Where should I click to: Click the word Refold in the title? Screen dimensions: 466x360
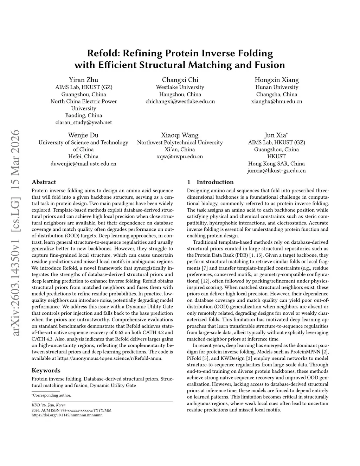click(103, 53)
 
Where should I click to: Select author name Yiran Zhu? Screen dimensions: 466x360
click(83, 79)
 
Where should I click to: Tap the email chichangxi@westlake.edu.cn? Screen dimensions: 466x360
click(180, 101)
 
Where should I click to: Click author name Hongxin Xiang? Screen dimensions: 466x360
click(277, 79)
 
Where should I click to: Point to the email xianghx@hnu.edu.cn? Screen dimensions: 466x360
click(277, 101)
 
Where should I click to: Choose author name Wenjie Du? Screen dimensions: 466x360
click(83, 135)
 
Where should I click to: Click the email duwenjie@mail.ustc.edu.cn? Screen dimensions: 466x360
click(83, 164)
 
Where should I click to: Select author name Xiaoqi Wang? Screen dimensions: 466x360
click(180, 135)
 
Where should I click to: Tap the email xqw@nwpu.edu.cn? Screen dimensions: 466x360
click(180, 157)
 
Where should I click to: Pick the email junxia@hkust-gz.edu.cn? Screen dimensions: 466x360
click(277, 171)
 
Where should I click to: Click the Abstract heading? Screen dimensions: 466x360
click(44, 182)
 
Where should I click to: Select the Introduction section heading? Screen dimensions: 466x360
click(215, 182)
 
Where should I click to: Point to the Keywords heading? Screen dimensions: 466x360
click(46, 370)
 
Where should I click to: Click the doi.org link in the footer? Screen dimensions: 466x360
click(67, 415)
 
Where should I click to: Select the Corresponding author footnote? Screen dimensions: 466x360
click(52, 395)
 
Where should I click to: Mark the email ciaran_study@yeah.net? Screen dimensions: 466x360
click(83, 122)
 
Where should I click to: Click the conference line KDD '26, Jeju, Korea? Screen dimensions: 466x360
click(49, 405)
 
